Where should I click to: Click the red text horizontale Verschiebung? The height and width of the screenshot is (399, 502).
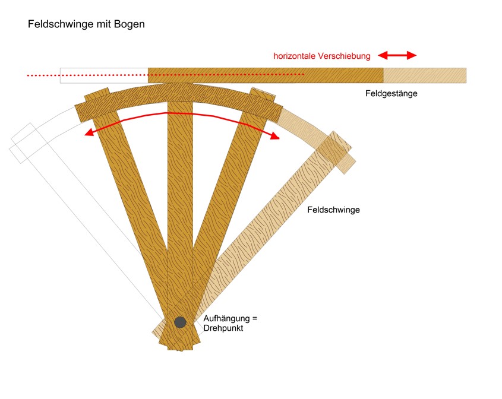point(321,56)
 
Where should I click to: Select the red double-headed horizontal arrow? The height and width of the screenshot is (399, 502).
point(397,55)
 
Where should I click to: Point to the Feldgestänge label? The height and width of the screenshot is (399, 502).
point(391,93)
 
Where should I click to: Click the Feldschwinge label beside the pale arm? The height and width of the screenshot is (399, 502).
point(333,210)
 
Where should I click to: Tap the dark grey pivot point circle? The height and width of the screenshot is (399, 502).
point(180,322)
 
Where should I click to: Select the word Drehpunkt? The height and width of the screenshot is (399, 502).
point(224,328)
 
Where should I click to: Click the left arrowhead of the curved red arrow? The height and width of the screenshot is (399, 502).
point(89,133)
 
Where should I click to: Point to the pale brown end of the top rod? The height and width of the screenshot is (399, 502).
point(424,75)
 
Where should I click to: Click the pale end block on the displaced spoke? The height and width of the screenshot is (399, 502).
point(336,152)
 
